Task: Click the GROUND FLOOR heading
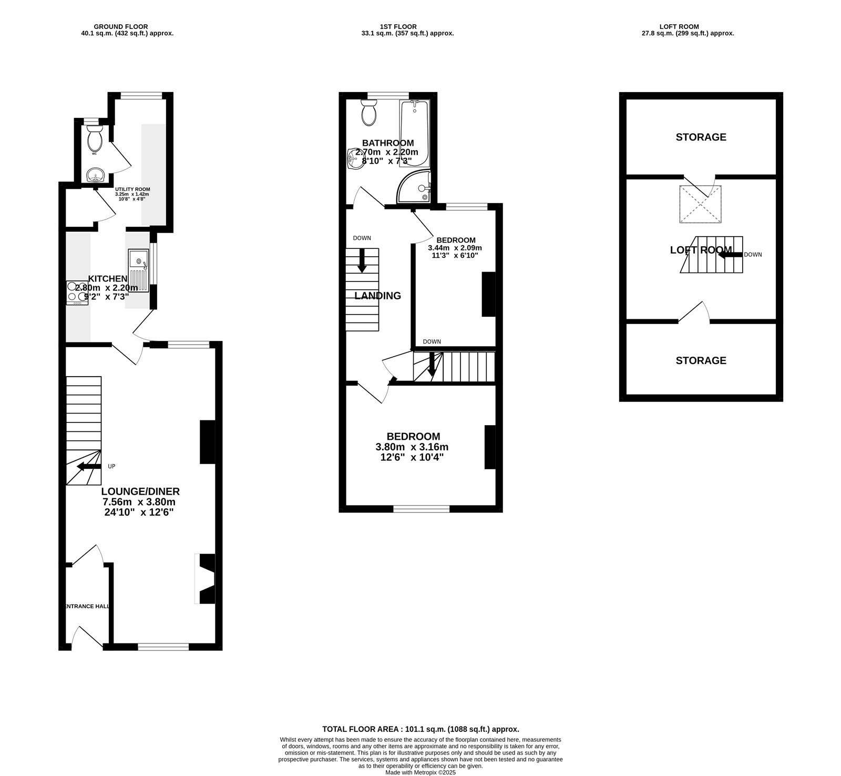click(x=120, y=26)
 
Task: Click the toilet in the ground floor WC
click(x=95, y=140)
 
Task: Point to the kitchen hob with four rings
click(x=77, y=293)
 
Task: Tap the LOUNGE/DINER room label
click(x=140, y=491)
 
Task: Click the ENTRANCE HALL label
click(x=86, y=606)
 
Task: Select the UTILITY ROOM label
click(x=132, y=189)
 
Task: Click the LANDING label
click(x=377, y=296)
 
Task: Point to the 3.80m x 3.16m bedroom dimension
click(x=412, y=447)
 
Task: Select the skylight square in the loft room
click(x=701, y=204)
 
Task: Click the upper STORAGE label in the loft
click(x=701, y=137)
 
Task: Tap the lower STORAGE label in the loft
click(x=701, y=360)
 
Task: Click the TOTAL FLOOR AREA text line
click(x=420, y=729)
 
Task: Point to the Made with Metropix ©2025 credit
click(x=420, y=772)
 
